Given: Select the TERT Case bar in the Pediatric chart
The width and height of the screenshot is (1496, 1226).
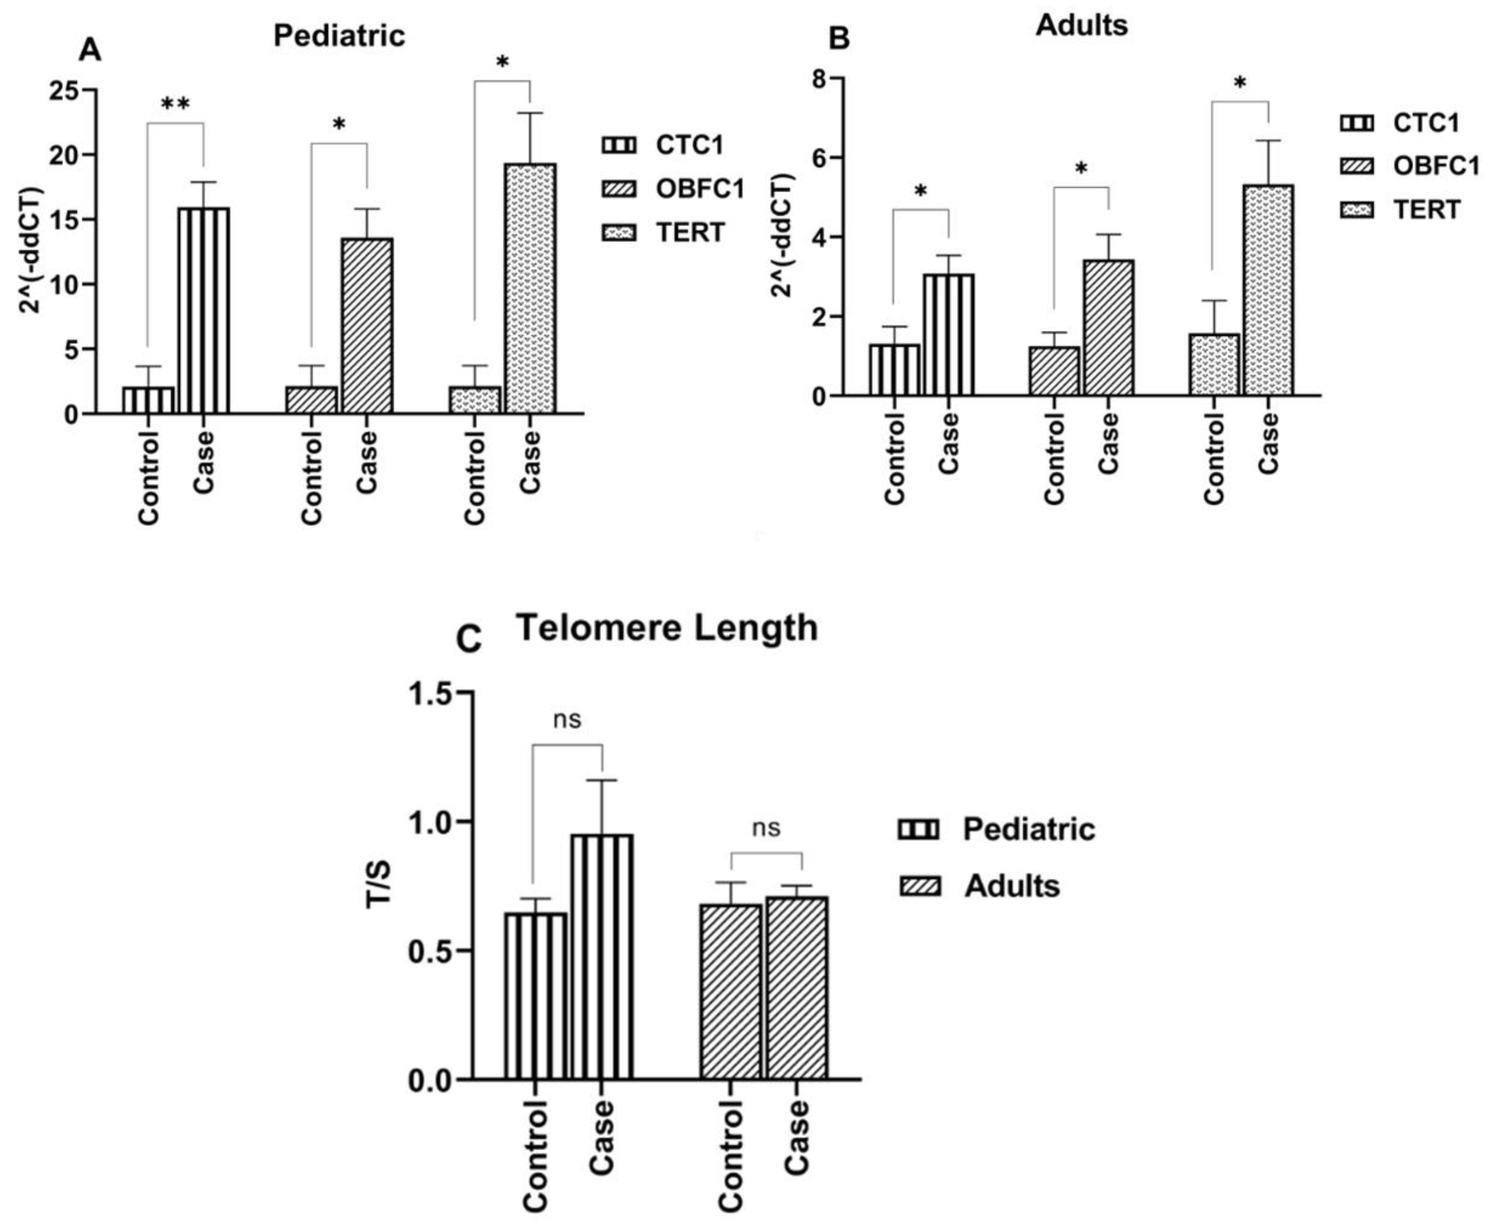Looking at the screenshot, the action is tap(530, 288).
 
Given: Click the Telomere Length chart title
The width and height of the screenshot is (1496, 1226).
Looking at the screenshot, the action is tap(667, 627).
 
